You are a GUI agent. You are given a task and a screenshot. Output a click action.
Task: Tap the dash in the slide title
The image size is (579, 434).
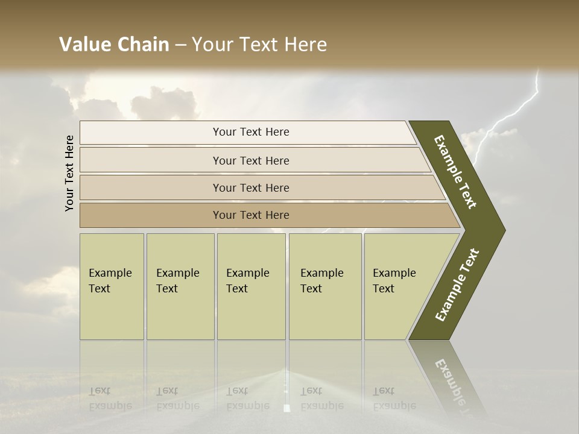click(x=180, y=45)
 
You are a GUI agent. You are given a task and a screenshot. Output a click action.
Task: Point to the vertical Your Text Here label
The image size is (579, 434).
click(x=69, y=173)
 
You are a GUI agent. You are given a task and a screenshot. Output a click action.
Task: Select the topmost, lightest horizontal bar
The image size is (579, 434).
click(x=247, y=132)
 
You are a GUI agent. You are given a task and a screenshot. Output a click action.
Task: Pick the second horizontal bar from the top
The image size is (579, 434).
click(x=253, y=160)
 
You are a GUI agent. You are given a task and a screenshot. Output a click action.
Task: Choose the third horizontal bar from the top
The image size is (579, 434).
click(x=259, y=187)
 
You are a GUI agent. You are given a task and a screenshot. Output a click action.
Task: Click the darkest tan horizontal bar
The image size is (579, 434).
click(x=265, y=215)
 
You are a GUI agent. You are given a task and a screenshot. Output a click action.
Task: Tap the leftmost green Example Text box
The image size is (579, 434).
click(x=112, y=286)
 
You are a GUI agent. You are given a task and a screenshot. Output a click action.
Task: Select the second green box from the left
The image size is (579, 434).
click(x=180, y=286)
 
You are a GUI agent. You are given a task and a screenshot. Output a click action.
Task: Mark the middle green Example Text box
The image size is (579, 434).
click(x=251, y=286)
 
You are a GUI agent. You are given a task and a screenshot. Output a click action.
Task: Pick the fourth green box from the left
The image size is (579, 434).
click(x=325, y=286)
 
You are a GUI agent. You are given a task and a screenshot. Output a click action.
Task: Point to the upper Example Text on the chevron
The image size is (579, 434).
click(x=456, y=172)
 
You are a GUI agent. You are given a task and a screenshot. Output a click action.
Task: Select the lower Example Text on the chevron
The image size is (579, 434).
click(x=457, y=285)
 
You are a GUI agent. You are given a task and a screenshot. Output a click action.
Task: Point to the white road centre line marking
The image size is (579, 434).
click(x=286, y=407)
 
